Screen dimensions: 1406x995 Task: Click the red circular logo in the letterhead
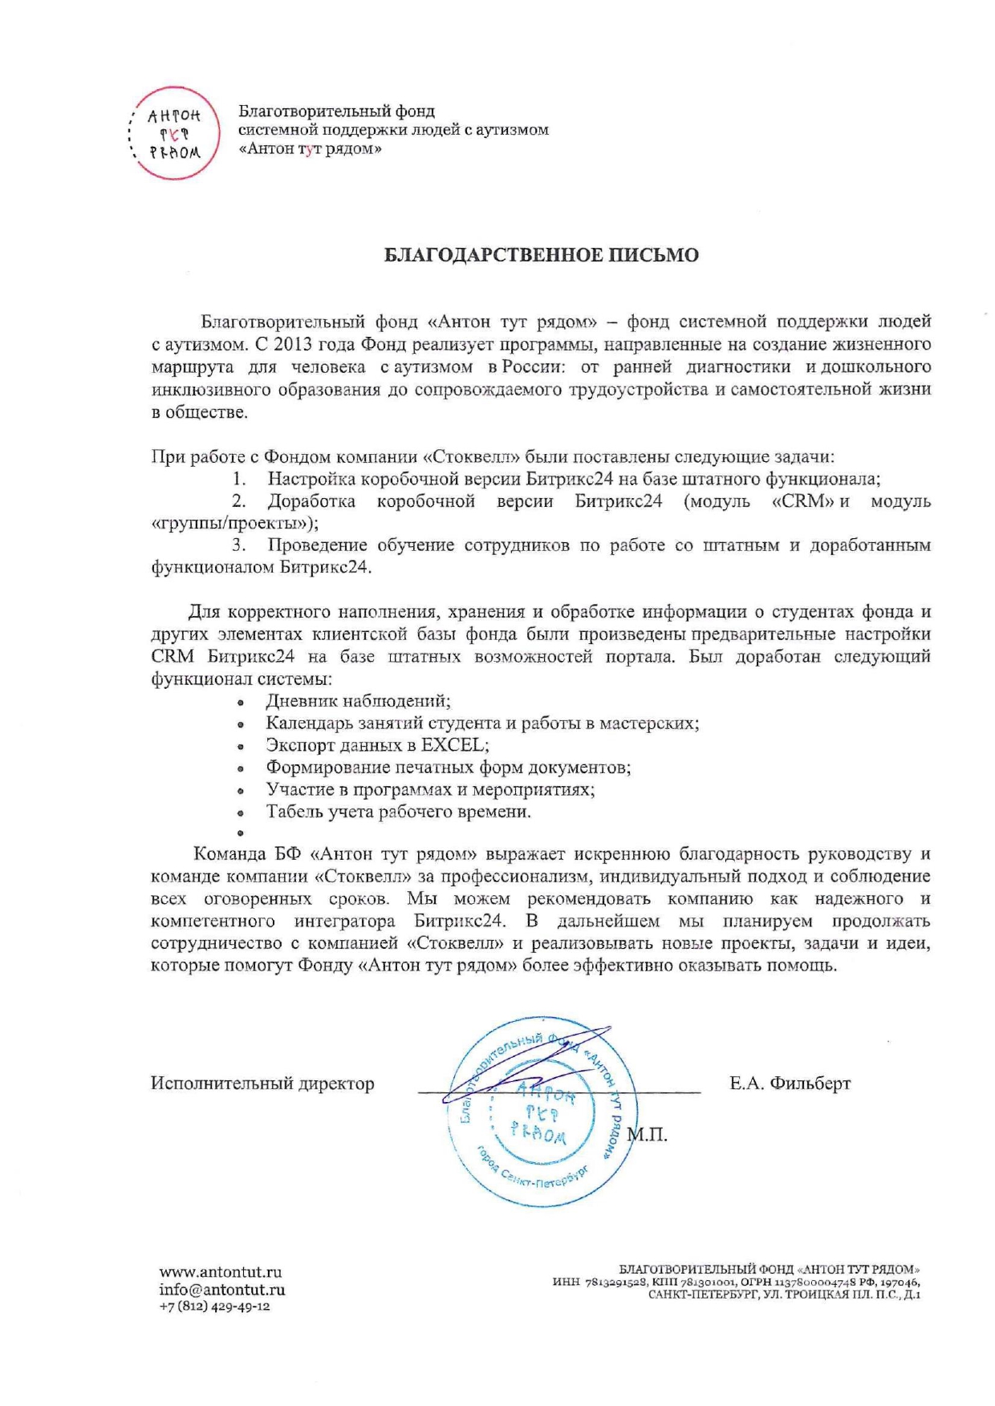(x=174, y=133)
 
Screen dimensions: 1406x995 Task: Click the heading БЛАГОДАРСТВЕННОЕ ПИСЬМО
(x=542, y=255)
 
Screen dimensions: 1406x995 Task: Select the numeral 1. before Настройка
(x=239, y=479)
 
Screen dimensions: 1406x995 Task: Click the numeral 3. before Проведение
(x=238, y=545)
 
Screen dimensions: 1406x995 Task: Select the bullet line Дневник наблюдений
(x=358, y=700)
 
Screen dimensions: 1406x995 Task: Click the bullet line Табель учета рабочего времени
(x=398, y=812)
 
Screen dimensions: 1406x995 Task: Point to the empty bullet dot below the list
(x=240, y=833)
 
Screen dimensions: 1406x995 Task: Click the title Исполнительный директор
(x=262, y=1084)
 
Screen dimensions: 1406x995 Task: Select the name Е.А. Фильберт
(x=790, y=1084)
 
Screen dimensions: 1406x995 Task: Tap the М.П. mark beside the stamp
(x=647, y=1135)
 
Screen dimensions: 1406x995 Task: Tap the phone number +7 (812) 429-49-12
(x=214, y=1307)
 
